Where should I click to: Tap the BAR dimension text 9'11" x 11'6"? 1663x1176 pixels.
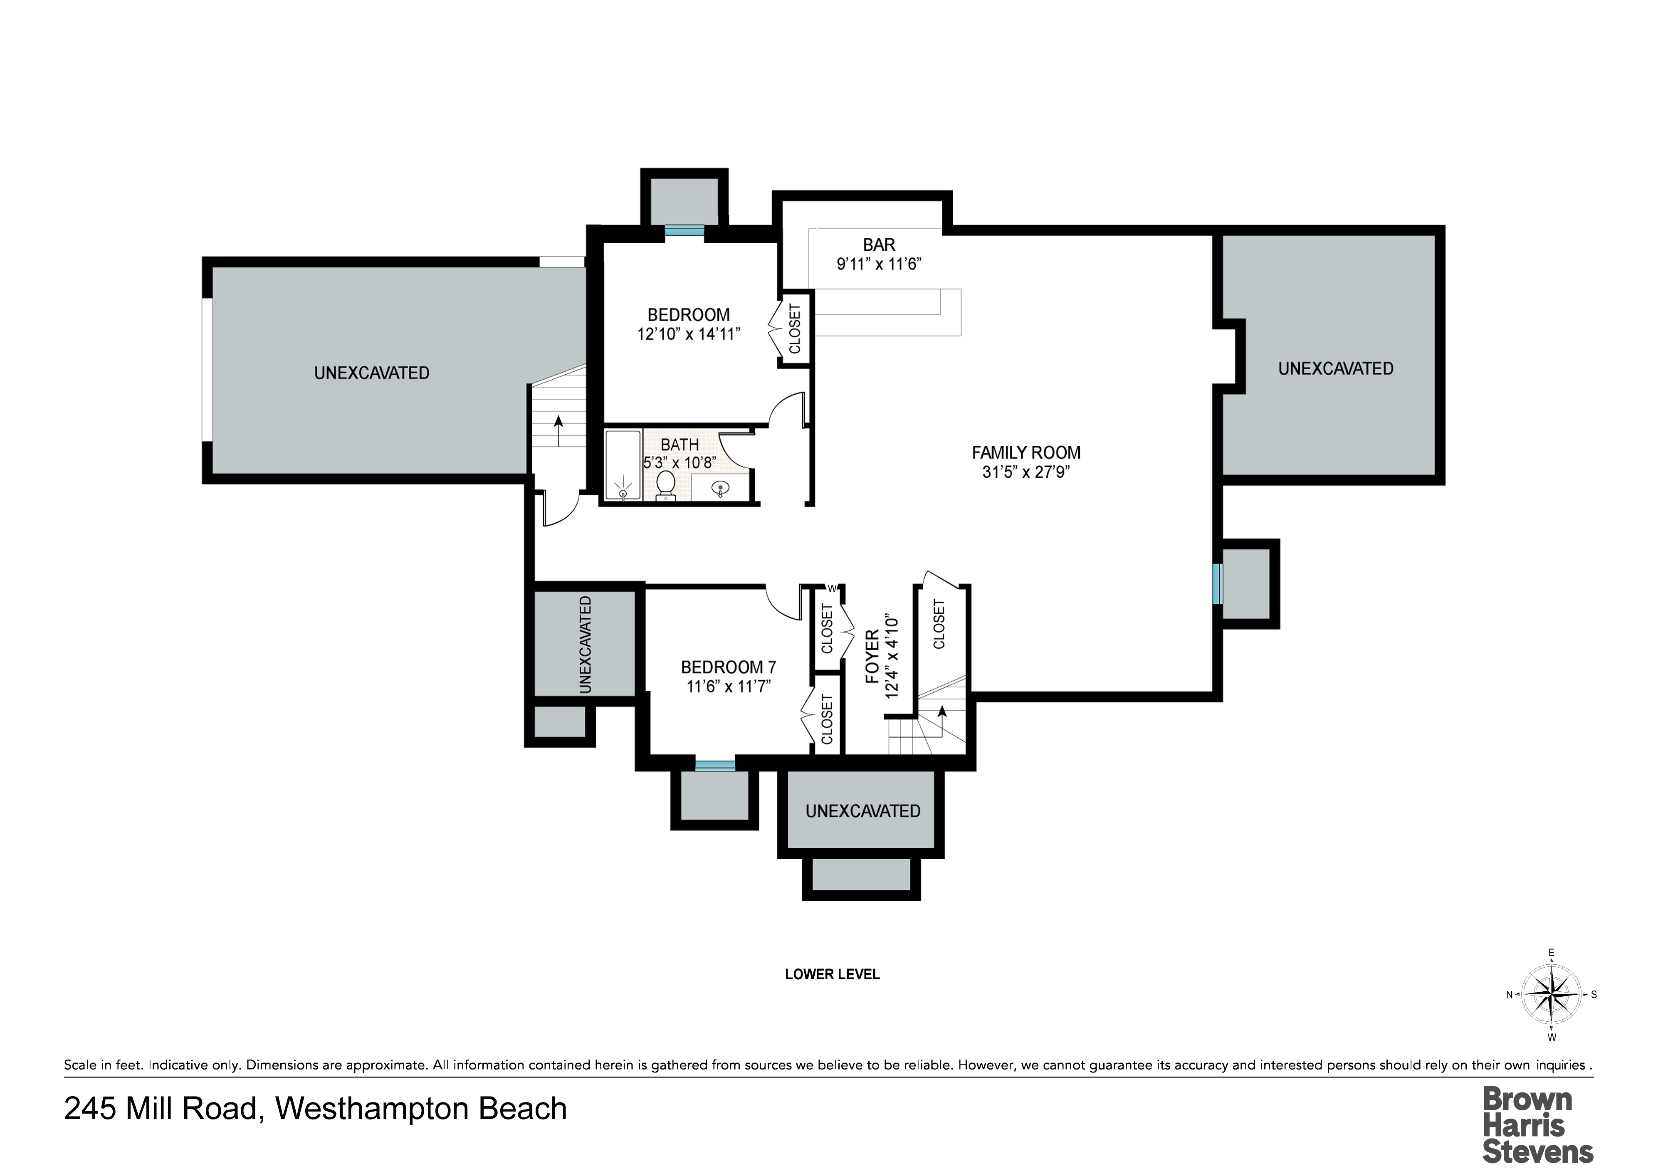pos(879,264)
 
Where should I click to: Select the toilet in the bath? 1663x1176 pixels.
pos(666,486)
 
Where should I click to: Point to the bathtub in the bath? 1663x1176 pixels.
pos(623,465)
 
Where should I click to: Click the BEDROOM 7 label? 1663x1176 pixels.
pos(729,667)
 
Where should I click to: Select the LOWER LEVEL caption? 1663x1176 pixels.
pos(832,975)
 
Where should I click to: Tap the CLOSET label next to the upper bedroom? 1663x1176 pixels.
pos(795,329)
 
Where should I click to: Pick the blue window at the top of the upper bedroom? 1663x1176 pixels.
pos(684,232)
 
